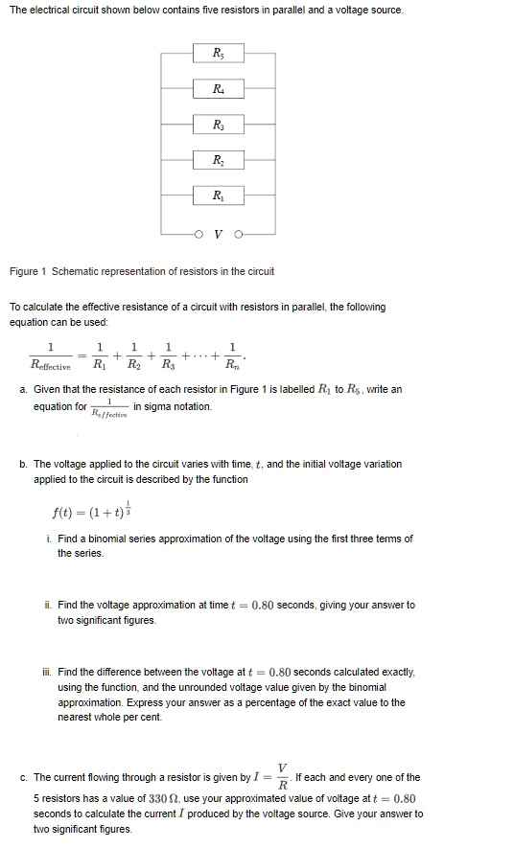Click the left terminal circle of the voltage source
[200, 232]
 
